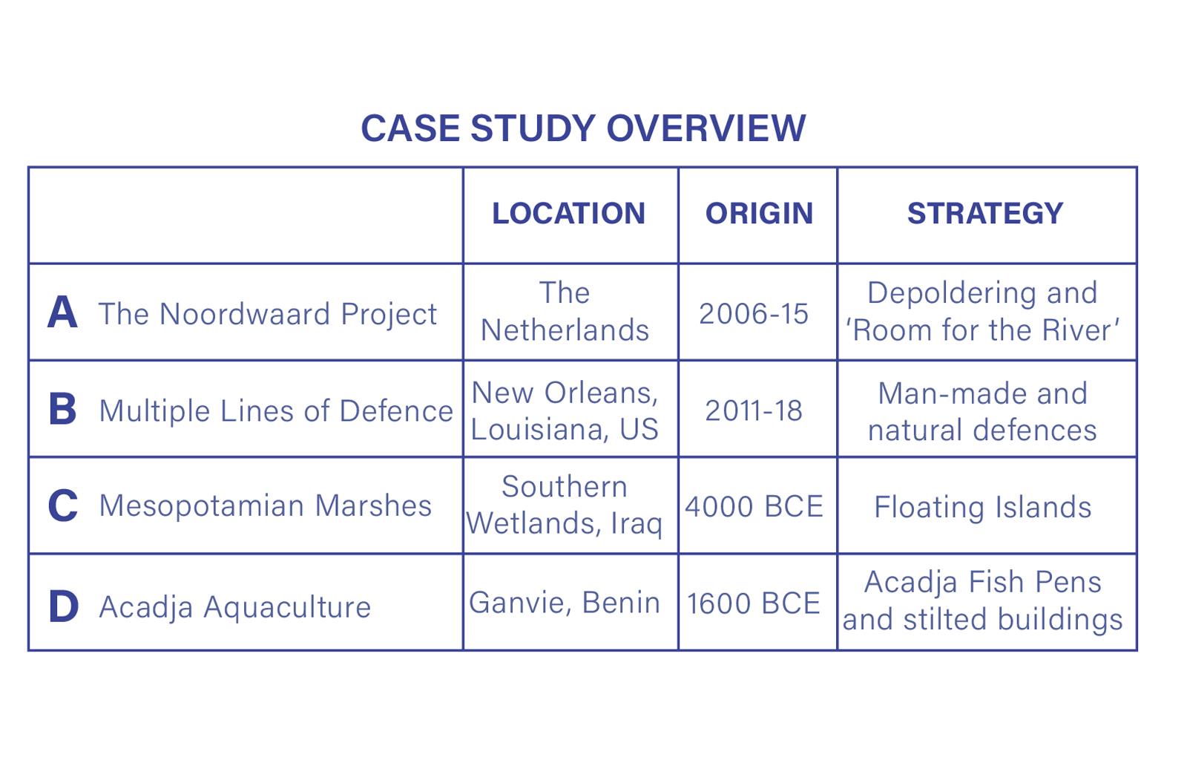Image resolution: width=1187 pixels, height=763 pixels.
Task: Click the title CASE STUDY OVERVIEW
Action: click(x=583, y=128)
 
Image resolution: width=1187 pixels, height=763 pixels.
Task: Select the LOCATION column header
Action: click(x=568, y=213)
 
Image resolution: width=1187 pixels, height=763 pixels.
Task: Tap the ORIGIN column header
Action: click(x=759, y=213)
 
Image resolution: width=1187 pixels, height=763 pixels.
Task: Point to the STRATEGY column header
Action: click(x=985, y=213)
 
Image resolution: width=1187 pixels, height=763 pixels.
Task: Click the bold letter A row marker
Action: click(x=62, y=312)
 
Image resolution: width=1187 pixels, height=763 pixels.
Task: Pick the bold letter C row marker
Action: click(x=62, y=506)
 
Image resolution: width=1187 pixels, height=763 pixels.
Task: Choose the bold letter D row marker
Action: click(x=64, y=606)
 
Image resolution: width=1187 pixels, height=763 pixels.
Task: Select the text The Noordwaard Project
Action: click(x=268, y=314)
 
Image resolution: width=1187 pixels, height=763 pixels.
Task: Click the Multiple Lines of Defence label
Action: click(x=276, y=411)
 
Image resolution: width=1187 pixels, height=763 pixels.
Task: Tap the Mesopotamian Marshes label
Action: click(x=266, y=505)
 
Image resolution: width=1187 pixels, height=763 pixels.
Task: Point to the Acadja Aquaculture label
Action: click(x=235, y=607)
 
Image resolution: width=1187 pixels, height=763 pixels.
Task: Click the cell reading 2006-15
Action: click(x=754, y=313)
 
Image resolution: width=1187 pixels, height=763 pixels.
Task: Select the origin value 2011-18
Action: click(x=754, y=410)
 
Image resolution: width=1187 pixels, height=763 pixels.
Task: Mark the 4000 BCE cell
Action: click(x=754, y=506)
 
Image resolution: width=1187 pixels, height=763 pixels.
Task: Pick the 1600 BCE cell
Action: click(x=754, y=603)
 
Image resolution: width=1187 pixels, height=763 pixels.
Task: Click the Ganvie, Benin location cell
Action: click(x=565, y=603)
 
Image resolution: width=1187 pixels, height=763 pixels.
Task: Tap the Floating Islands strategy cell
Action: click(x=983, y=507)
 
